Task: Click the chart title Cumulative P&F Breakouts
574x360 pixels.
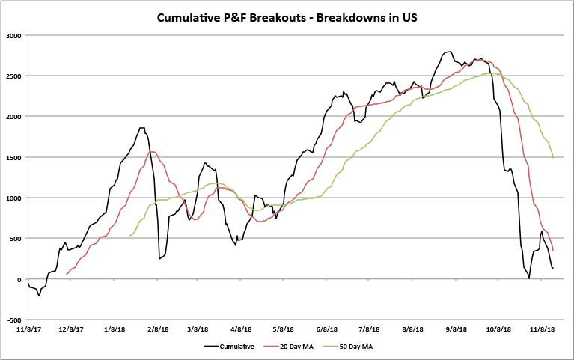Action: click(x=287, y=16)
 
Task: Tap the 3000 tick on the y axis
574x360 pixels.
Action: click(x=14, y=35)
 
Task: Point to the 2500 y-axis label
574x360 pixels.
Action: click(x=14, y=76)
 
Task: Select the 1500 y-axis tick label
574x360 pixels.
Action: click(x=14, y=157)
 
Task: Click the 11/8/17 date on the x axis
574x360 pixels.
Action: click(x=28, y=328)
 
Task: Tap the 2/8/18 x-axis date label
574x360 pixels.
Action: click(x=157, y=328)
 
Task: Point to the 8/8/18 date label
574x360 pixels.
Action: click(x=413, y=328)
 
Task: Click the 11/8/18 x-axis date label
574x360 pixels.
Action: click(x=541, y=328)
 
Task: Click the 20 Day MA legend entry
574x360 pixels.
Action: click(x=298, y=347)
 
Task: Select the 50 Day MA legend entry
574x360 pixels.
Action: click(x=355, y=347)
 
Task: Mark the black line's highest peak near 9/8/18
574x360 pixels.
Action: click(x=449, y=52)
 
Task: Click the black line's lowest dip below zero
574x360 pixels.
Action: click(x=39, y=296)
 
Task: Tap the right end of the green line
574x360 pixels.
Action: click(x=553, y=158)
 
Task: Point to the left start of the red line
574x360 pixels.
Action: click(x=66, y=275)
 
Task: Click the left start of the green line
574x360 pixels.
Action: click(x=130, y=237)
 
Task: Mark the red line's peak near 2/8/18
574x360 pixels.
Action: click(x=152, y=151)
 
